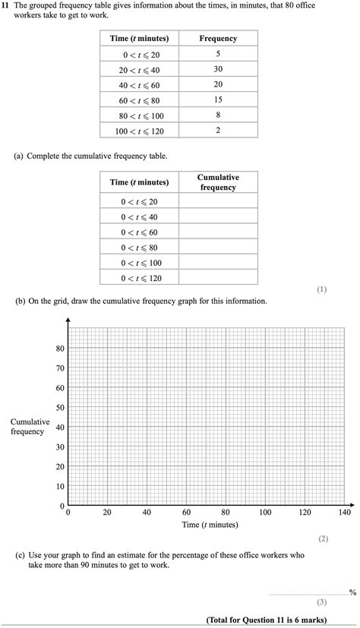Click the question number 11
(6, 5)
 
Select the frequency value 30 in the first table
(218, 69)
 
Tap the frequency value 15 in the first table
(218, 99)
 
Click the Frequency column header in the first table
(218, 39)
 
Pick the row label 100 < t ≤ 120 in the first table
(139, 131)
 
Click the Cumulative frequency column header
(218, 182)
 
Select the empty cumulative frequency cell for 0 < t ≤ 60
(218, 232)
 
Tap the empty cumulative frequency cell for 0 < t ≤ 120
(218, 278)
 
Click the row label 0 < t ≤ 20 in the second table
(139, 201)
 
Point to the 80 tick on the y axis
(60, 349)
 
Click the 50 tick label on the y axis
(60, 408)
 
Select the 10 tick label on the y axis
(60, 486)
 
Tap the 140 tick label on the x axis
(344, 513)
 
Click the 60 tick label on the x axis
(186, 513)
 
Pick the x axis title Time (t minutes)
(210, 525)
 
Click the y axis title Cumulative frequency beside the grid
(30, 427)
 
